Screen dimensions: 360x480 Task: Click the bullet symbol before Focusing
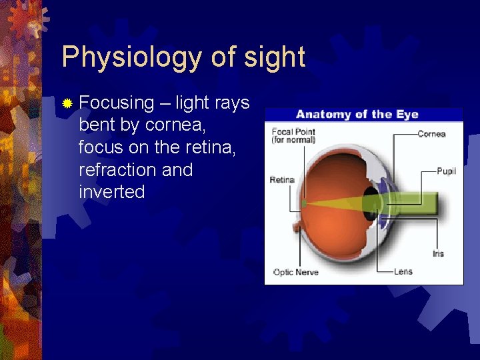tap(67, 103)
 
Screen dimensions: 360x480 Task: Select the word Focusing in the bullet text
tap(116, 103)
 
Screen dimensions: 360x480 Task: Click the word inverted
tap(111, 192)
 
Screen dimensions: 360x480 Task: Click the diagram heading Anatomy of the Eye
tap(357, 114)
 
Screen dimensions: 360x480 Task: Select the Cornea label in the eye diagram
tap(431, 134)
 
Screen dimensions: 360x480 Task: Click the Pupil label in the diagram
tap(446, 171)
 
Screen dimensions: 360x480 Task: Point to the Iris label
tap(437, 253)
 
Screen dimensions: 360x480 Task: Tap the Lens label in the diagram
tap(403, 271)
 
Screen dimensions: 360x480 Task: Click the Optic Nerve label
tap(296, 272)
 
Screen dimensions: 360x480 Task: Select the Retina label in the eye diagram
tap(281, 180)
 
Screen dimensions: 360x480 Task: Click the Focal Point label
tap(293, 131)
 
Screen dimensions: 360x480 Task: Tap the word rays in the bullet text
tap(231, 103)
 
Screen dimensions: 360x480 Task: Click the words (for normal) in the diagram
tap(293, 140)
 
